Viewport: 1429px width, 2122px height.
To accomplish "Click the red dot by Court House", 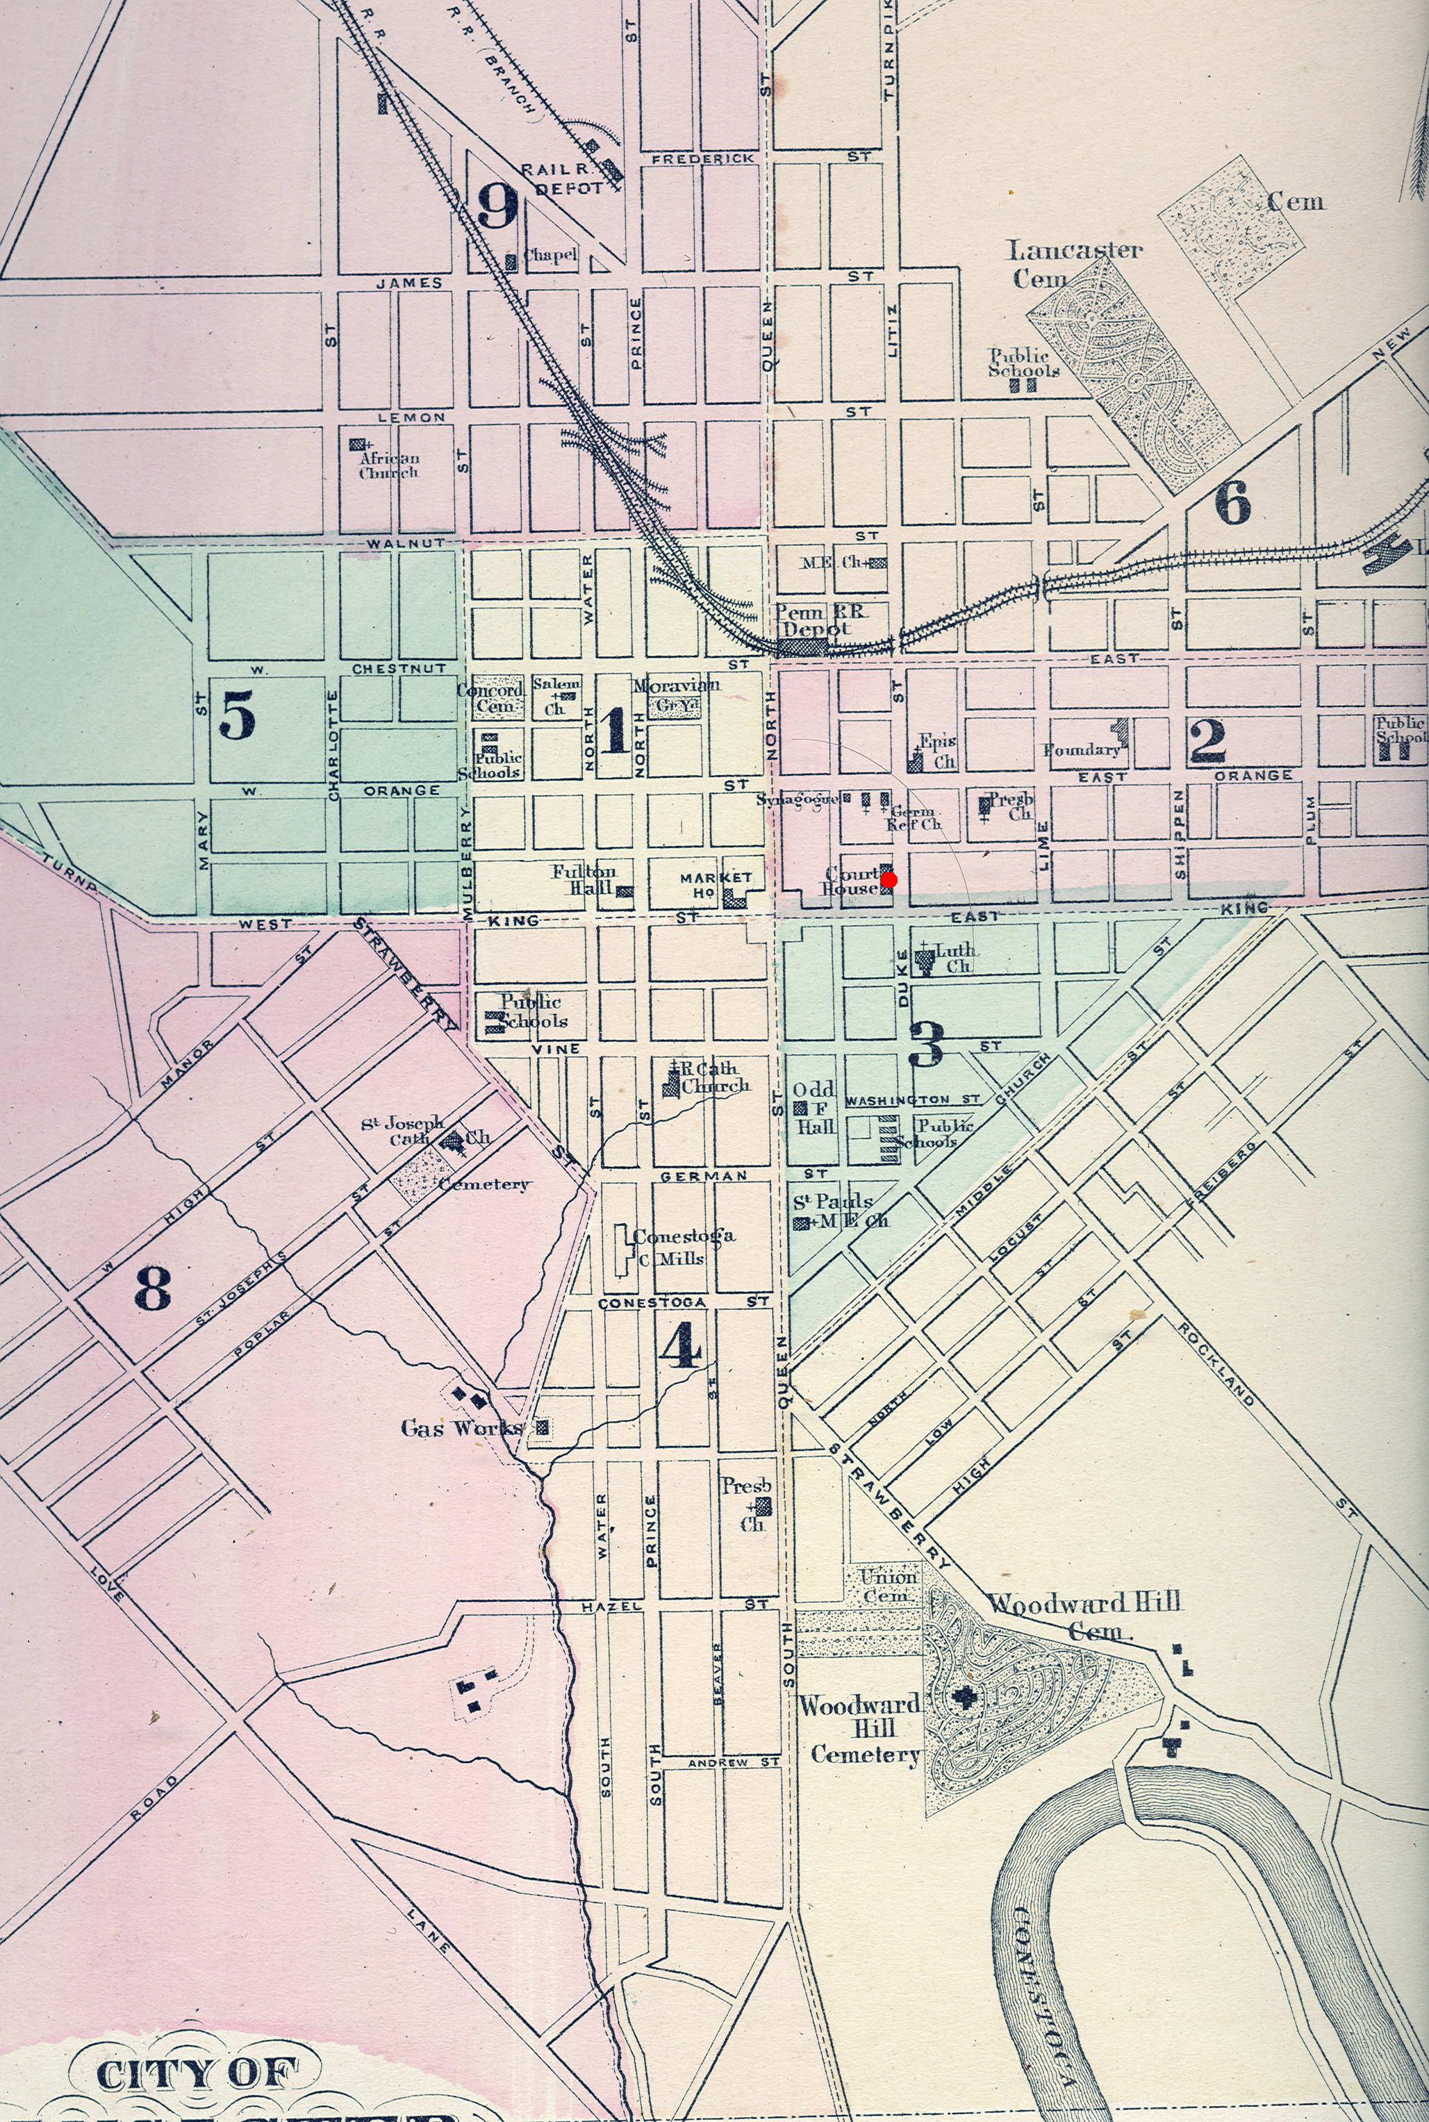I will coord(889,879).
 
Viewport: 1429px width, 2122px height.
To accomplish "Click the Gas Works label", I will coord(462,1427).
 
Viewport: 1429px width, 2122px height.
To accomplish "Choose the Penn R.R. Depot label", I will coord(813,620).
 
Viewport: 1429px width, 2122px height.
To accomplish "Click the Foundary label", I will coord(1082,751).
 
